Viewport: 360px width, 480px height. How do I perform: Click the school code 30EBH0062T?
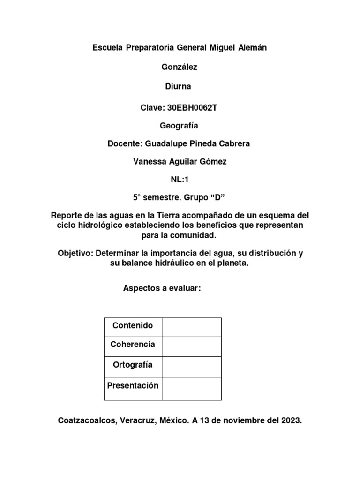click(192, 108)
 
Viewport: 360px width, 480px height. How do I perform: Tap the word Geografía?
click(179, 126)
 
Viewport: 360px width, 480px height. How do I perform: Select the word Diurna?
click(178, 87)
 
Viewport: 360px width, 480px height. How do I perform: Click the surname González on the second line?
click(179, 67)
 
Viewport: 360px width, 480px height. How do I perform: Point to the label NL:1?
click(179, 179)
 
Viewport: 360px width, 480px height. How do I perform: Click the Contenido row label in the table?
click(133, 325)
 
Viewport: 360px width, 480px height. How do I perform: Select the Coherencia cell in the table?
click(133, 345)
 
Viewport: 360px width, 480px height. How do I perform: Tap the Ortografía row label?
click(133, 365)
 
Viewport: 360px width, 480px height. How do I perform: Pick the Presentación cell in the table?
click(133, 386)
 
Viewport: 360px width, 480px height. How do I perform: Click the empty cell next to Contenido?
click(192, 327)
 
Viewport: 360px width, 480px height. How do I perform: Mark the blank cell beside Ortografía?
click(192, 367)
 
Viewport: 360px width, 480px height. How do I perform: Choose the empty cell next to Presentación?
click(192, 389)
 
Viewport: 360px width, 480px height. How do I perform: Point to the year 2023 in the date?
click(291, 421)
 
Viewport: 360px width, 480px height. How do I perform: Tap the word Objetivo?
click(75, 254)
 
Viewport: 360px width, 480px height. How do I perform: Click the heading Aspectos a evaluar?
click(162, 288)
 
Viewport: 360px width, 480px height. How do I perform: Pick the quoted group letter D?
click(217, 197)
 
